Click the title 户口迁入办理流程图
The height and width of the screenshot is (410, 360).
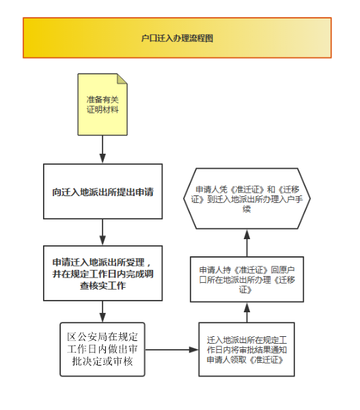[x=177, y=38]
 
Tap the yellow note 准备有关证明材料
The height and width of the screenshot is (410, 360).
[x=102, y=105]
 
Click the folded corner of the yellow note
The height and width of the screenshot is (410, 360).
[x=122, y=79]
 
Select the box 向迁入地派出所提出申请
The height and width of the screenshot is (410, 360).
[x=102, y=191]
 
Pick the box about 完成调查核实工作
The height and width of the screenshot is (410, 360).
[x=102, y=273]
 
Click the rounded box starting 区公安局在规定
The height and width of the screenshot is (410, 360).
[x=102, y=349]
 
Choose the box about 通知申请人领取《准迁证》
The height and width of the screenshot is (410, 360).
[x=247, y=349]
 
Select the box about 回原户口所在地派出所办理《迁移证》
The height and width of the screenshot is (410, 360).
[x=247, y=279]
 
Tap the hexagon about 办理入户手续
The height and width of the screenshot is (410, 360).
[x=247, y=198]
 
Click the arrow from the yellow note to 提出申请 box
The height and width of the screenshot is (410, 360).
[x=102, y=149]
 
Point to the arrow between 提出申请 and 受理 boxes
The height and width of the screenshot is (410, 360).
[x=102, y=232]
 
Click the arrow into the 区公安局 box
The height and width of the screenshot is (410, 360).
[x=102, y=312]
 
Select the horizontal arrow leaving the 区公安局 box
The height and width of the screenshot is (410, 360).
[x=171, y=350]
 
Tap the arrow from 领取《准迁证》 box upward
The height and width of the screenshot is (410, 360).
[x=247, y=312]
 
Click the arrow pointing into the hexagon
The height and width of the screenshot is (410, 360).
[x=247, y=243]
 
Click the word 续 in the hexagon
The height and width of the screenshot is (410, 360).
[x=247, y=209]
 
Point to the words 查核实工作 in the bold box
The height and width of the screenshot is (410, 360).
[x=102, y=286]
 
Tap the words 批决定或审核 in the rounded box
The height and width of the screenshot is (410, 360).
[x=102, y=361]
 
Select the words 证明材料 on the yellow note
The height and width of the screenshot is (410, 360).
[x=102, y=109]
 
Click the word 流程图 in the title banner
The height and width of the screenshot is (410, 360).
[x=201, y=38]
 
